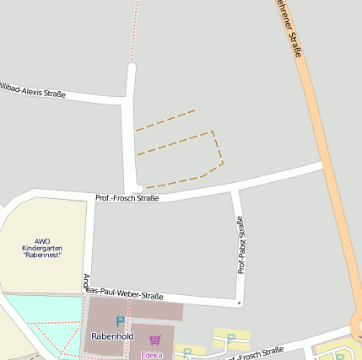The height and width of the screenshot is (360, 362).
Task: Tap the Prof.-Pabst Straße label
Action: click(241, 244)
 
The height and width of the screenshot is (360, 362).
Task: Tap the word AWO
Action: click(42, 241)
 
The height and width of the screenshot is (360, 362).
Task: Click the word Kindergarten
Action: click(42, 249)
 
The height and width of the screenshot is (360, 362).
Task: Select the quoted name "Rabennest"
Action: click(42, 256)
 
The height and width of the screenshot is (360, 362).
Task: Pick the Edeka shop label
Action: click(152, 355)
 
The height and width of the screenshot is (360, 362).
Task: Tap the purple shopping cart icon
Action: click(154, 341)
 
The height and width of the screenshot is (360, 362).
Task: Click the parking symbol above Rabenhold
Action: click(120, 321)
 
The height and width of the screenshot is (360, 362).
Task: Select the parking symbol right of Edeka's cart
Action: click(230, 339)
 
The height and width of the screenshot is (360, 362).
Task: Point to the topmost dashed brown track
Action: click(166, 120)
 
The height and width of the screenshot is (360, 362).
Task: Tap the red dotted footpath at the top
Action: click(136, 30)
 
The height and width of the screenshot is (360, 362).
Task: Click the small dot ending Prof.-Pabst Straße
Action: click(239, 303)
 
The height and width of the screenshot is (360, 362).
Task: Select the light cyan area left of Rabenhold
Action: click(42, 308)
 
